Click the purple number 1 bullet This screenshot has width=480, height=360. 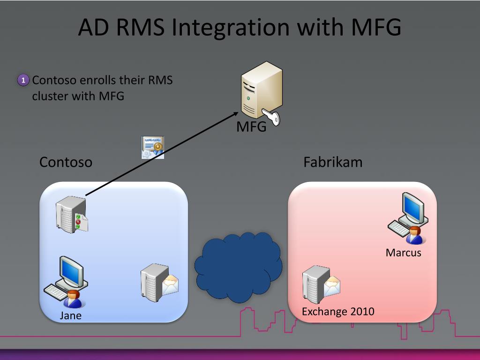coord(23,80)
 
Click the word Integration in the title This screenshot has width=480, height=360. coord(230,27)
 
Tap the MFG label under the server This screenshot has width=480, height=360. coord(251,127)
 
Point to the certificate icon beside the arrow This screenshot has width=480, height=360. coord(153,148)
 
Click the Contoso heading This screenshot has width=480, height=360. coord(66,162)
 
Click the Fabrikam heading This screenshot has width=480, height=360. coord(333,162)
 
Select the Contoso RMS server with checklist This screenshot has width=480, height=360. coord(72,215)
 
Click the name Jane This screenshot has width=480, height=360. coord(71,315)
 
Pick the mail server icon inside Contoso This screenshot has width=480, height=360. coord(159,283)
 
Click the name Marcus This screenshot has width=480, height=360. coord(404,253)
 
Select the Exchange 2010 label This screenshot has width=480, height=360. coord(338,312)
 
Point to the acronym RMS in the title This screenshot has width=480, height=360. coord(141,27)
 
